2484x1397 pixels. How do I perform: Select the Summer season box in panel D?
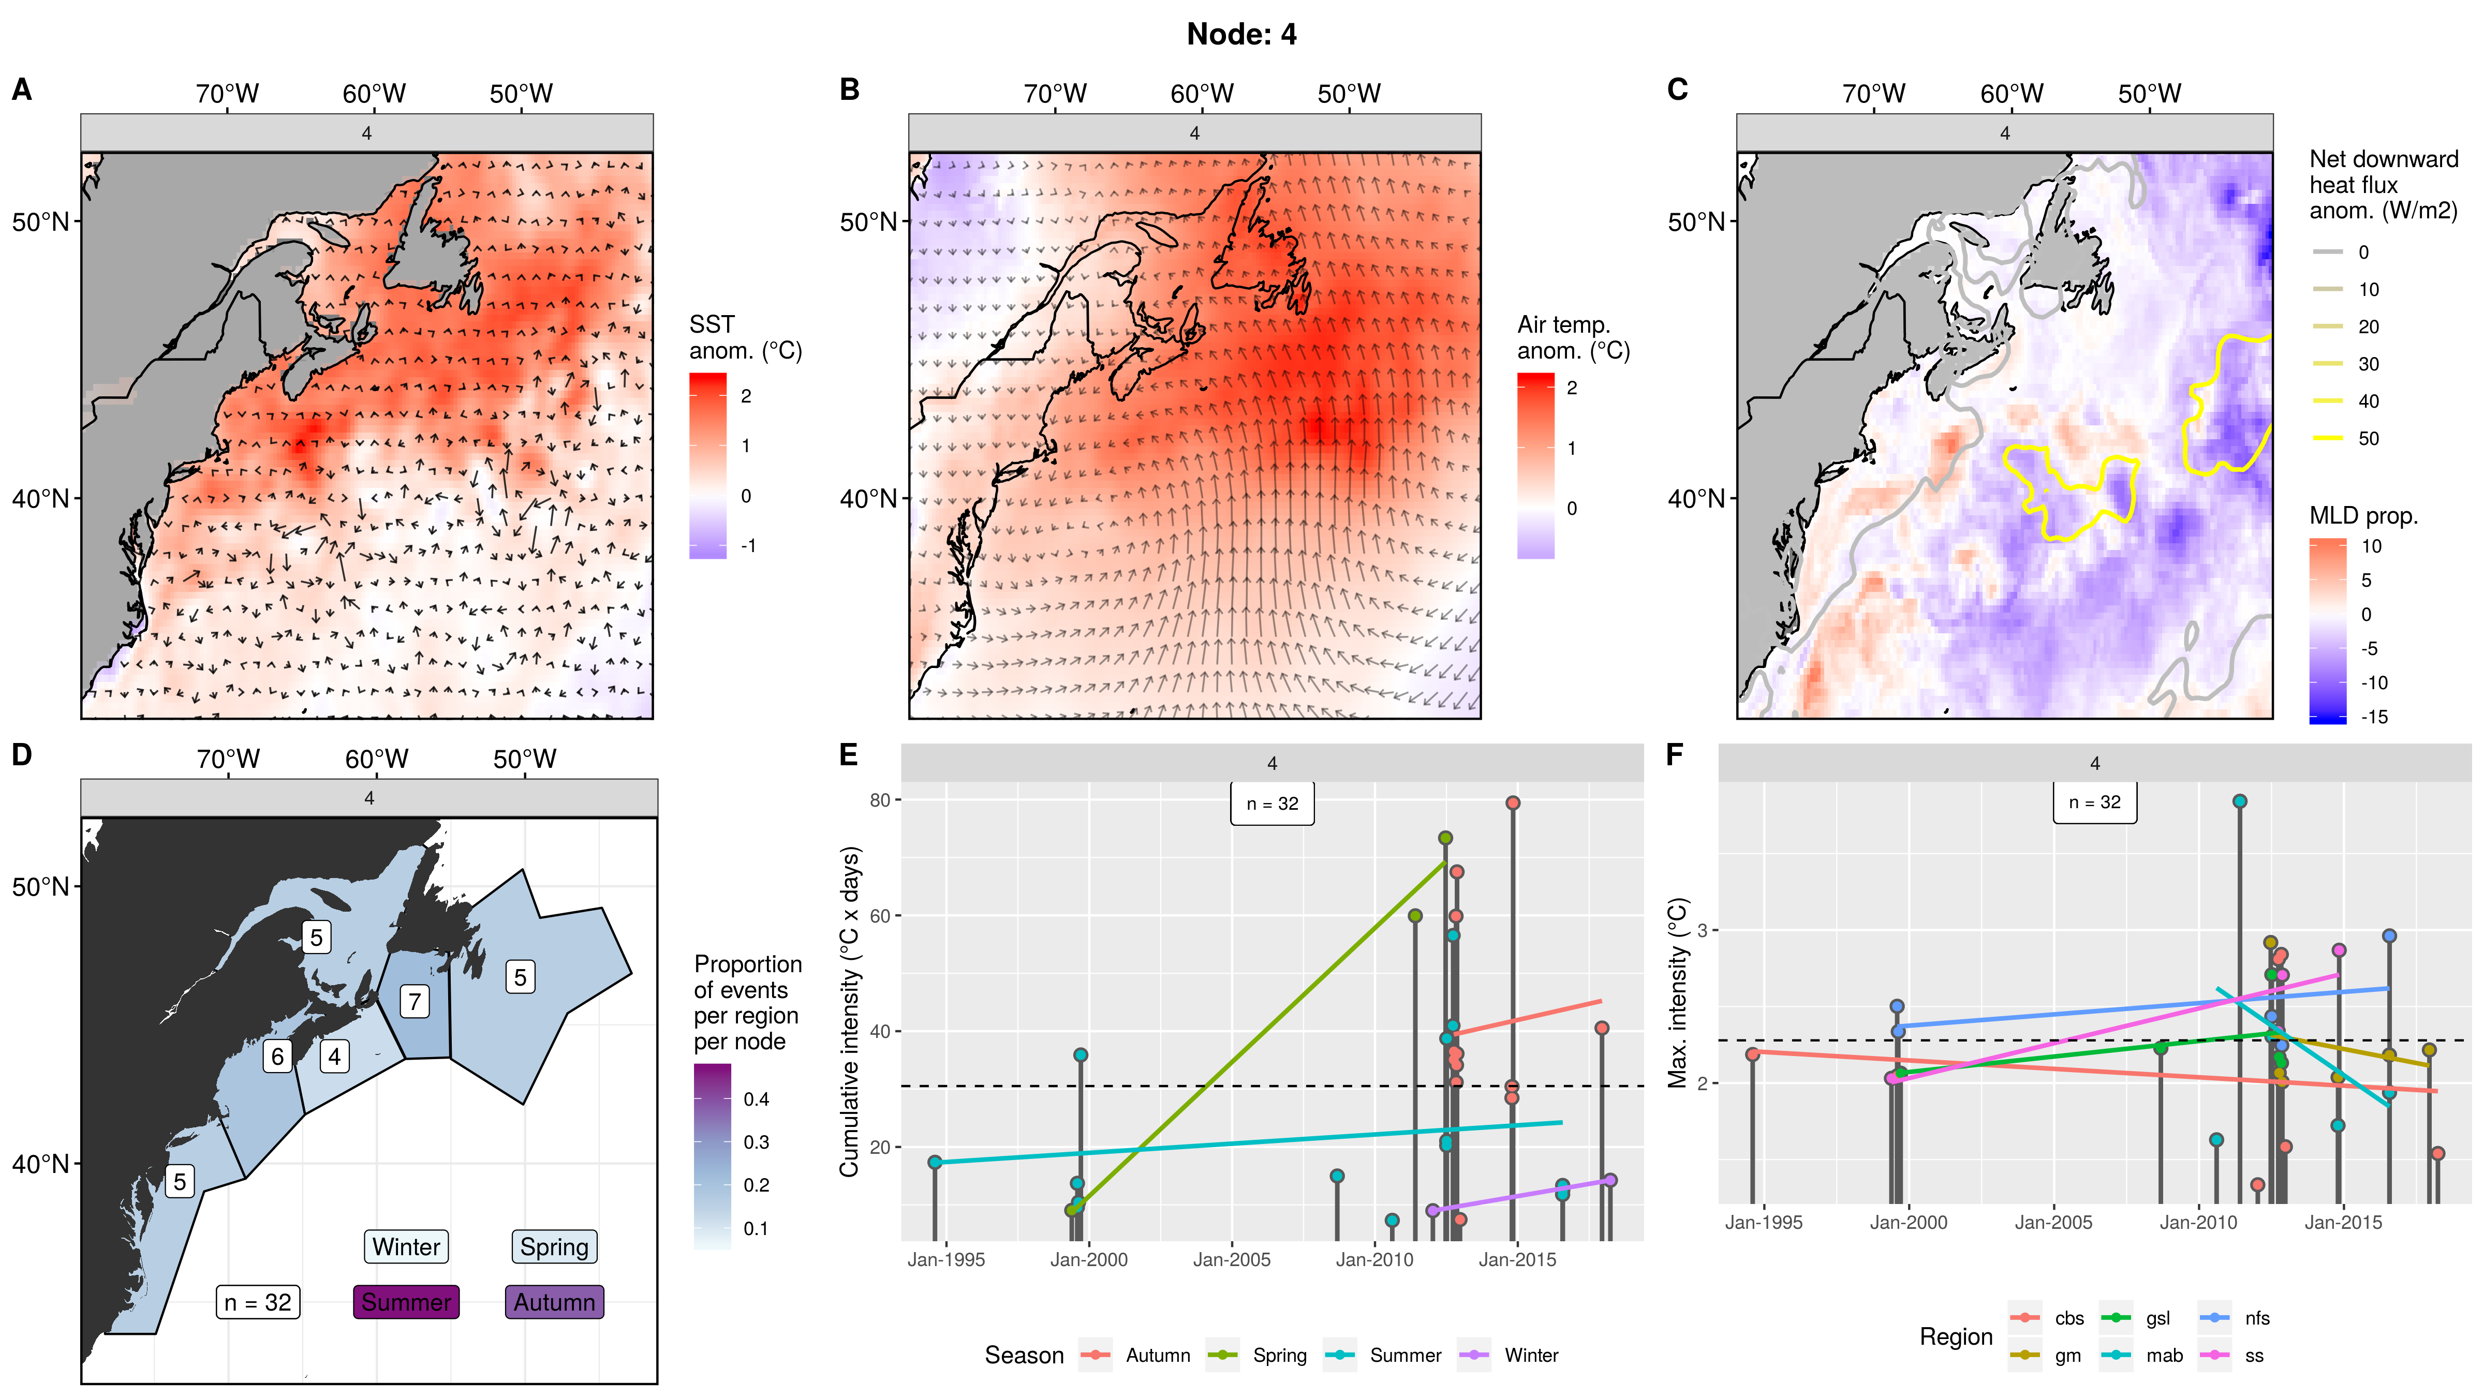pyautogui.click(x=406, y=1302)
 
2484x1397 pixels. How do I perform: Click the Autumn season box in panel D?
pyautogui.click(x=554, y=1302)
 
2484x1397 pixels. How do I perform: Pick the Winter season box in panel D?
pyautogui.click(x=406, y=1246)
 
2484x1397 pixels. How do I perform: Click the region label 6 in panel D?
pyautogui.click(x=278, y=1057)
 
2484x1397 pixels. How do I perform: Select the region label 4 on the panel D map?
pyautogui.click(x=334, y=1057)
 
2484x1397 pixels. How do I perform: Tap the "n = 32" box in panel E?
pyautogui.click(x=1272, y=803)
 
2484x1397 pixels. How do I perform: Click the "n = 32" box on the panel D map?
pyautogui.click(x=258, y=1302)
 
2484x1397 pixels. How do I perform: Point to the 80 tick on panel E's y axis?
pyautogui.click(x=879, y=800)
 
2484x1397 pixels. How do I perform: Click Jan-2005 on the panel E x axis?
pyautogui.click(x=1232, y=1259)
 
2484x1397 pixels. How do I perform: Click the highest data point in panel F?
pyautogui.click(x=2239, y=801)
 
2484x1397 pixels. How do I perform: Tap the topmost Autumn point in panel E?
pyautogui.click(x=1513, y=803)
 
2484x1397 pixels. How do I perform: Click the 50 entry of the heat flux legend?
pyautogui.click(x=2368, y=439)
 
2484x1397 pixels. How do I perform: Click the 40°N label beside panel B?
pyautogui.click(x=868, y=498)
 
